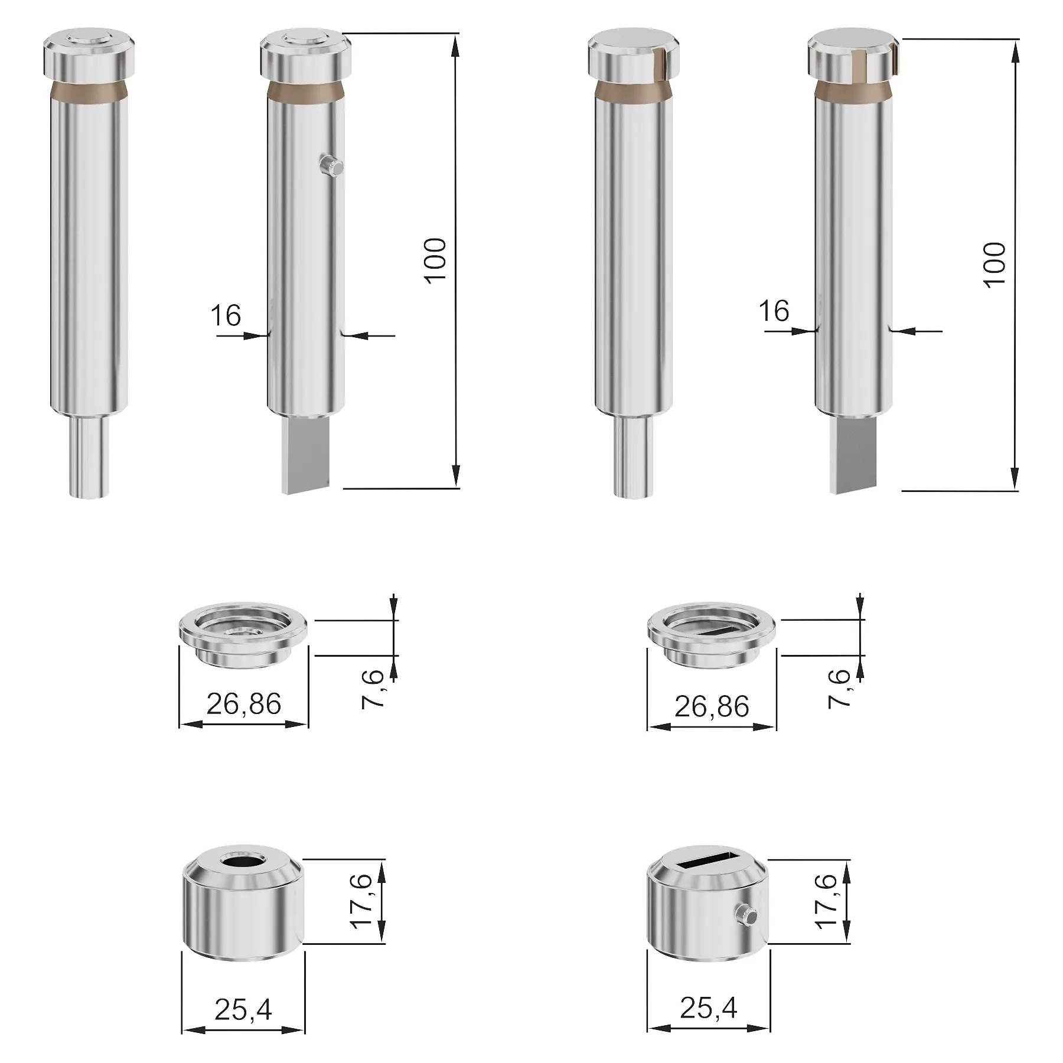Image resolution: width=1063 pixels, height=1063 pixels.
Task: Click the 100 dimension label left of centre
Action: click(436, 261)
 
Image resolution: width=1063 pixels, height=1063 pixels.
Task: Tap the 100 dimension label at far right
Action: click(994, 265)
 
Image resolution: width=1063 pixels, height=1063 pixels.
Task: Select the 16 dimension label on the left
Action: click(226, 315)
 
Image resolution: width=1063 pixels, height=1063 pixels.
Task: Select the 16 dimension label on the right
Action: click(774, 311)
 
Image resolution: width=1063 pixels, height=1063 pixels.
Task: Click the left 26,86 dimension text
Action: click(243, 704)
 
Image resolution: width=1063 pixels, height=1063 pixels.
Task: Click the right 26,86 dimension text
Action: click(712, 706)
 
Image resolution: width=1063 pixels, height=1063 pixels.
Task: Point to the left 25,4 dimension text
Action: click(243, 1009)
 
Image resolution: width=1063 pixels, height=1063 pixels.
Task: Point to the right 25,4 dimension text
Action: click(708, 1008)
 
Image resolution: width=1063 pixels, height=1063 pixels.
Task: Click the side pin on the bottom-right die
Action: click(747, 916)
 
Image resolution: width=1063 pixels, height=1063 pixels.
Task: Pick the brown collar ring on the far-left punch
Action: click(89, 92)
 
